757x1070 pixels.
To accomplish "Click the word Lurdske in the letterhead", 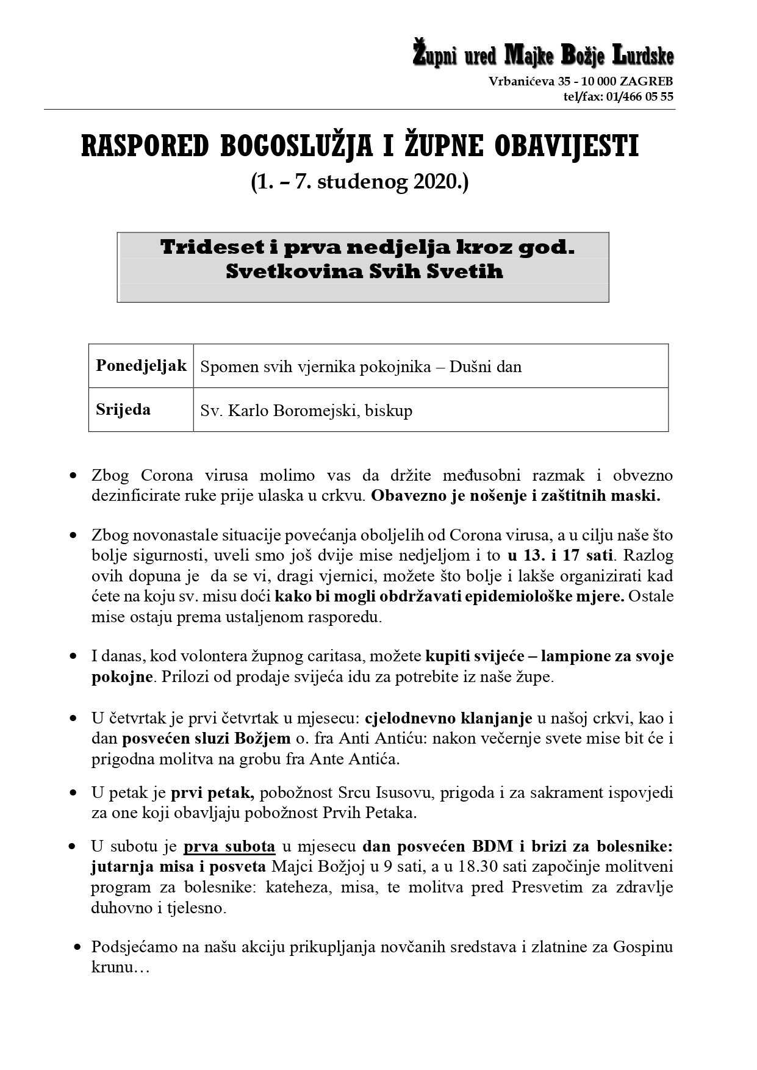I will click(x=642, y=56).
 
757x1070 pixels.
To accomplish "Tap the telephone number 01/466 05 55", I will click(x=640, y=96).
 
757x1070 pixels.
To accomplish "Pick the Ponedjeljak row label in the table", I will click(x=141, y=365).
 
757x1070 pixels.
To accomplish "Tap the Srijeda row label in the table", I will click(x=123, y=409).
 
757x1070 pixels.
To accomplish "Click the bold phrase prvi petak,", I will click(x=212, y=792).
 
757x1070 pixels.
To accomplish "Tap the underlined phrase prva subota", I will click(x=229, y=846).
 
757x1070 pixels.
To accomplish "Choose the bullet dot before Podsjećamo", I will click(x=77, y=947).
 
